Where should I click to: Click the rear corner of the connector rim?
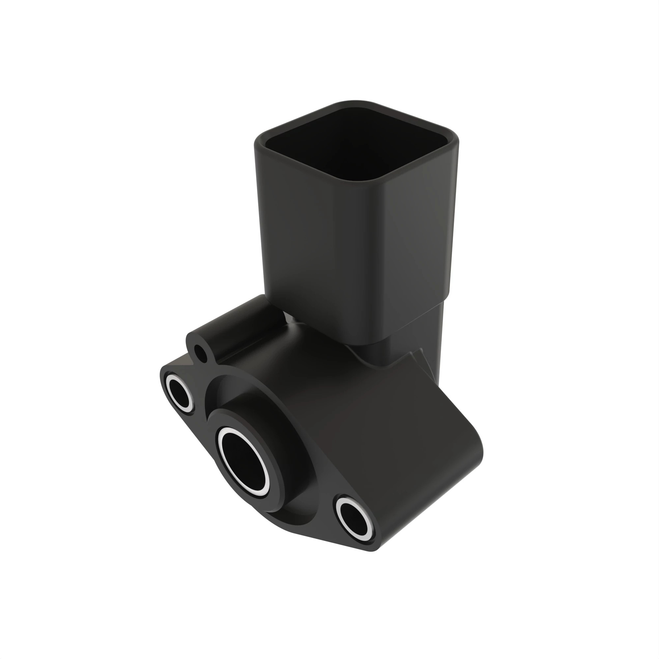click(355, 102)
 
